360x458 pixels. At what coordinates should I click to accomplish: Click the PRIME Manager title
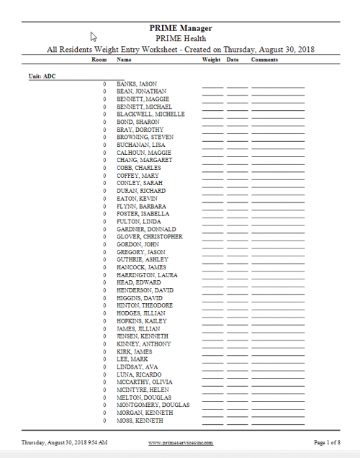[180, 28]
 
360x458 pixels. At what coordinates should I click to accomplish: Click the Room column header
[99, 60]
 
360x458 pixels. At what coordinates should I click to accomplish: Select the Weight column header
[211, 60]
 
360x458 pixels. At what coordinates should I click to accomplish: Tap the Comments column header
[264, 60]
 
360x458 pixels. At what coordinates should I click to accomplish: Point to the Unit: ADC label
[42, 76]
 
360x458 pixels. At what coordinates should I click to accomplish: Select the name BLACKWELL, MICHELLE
[150, 114]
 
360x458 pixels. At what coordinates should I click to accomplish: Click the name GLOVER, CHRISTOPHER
[149, 237]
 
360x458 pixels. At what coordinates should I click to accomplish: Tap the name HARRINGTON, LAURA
[147, 275]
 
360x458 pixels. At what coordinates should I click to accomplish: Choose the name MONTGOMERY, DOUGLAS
[153, 405]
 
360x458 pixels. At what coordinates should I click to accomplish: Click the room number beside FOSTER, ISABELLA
[104, 214]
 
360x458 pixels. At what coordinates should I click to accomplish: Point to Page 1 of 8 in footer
[328, 442]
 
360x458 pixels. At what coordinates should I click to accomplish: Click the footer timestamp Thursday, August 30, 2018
[65, 442]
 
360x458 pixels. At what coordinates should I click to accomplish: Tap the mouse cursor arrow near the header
[94, 36]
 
